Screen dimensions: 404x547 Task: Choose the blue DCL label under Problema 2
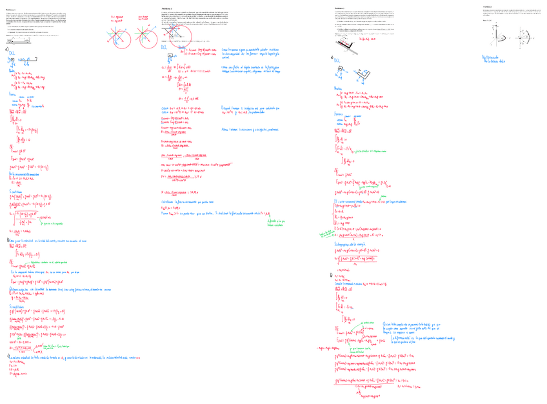[x=166, y=50]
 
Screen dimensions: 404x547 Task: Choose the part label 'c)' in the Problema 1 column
[x=8, y=356]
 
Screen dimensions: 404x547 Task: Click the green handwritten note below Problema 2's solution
[x=275, y=222]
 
